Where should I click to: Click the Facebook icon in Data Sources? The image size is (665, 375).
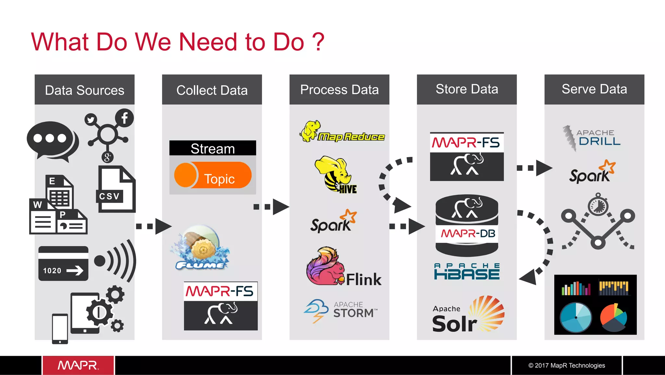coord(124,118)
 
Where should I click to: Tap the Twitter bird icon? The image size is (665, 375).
coord(91,120)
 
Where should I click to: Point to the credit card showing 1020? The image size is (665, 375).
coord(63,263)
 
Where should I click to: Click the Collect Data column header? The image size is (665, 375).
coord(212,90)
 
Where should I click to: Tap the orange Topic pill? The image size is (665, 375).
coord(213,176)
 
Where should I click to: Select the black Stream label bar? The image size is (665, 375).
coord(212,148)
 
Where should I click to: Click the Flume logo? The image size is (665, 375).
coord(201,248)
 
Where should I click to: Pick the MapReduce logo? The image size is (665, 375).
coord(342,133)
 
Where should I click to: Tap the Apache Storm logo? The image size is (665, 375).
coord(341,310)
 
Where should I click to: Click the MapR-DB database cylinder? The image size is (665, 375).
coord(467,226)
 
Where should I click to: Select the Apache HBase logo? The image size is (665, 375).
coord(467,271)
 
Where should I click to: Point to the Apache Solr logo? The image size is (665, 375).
coord(468,315)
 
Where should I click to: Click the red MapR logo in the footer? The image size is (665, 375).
coord(78,365)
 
